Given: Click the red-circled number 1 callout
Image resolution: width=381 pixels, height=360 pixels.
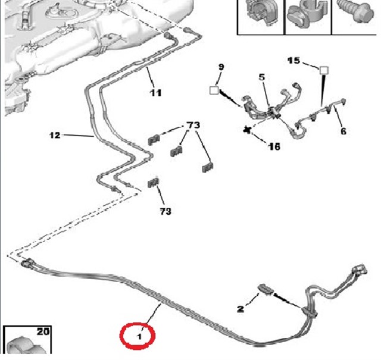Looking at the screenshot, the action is pyautogui.click(x=139, y=336).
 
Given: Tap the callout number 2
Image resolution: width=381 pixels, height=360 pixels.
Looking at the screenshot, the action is pyautogui.click(x=241, y=309).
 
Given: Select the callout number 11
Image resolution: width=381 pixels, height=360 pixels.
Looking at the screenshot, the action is pyautogui.click(x=155, y=93).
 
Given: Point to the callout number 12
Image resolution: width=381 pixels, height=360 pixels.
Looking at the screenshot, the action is pyautogui.click(x=55, y=135).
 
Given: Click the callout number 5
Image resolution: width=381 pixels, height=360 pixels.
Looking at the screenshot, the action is pyautogui.click(x=261, y=77).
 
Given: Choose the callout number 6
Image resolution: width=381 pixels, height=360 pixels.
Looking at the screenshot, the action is pyautogui.click(x=343, y=131).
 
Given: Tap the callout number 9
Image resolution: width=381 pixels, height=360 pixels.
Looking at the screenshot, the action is pyautogui.click(x=221, y=67).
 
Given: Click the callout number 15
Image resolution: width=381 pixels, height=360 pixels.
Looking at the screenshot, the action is pyautogui.click(x=293, y=61).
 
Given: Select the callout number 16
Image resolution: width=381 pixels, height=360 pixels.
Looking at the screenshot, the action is pyautogui.click(x=274, y=146).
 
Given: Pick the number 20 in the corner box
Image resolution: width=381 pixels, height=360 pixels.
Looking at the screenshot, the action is pyautogui.click(x=43, y=331).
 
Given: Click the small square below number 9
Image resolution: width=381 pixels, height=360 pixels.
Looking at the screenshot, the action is pyautogui.click(x=214, y=90).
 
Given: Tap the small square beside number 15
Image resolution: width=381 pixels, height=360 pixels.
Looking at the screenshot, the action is pyautogui.click(x=324, y=70).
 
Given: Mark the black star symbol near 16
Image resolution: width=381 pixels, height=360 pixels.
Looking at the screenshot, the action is pyautogui.click(x=247, y=130).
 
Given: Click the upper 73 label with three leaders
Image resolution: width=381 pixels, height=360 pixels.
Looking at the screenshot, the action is pyautogui.click(x=193, y=125).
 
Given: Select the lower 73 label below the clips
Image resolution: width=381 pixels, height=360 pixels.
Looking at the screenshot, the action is pyautogui.click(x=165, y=211).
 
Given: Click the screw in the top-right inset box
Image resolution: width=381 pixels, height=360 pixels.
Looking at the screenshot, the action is pyautogui.click(x=356, y=12).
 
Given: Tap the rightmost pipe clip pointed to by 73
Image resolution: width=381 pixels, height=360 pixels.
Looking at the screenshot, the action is pyautogui.click(x=208, y=168).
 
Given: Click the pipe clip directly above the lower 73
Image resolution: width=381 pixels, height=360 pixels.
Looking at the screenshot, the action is pyautogui.click(x=154, y=183).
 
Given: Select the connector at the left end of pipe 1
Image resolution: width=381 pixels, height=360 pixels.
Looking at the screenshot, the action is pyautogui.click(x=28, y=263).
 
